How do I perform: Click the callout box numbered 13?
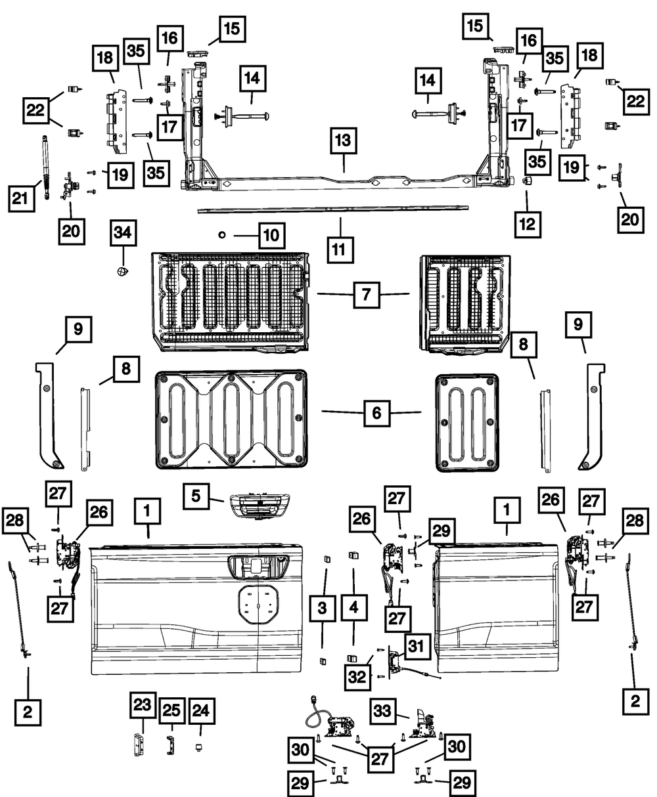pos(345,142)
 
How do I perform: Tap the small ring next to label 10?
pos(222,234)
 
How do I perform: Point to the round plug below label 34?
pos(122,272)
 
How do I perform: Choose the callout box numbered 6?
pos(376,413)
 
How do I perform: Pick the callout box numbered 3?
pos(322,609)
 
